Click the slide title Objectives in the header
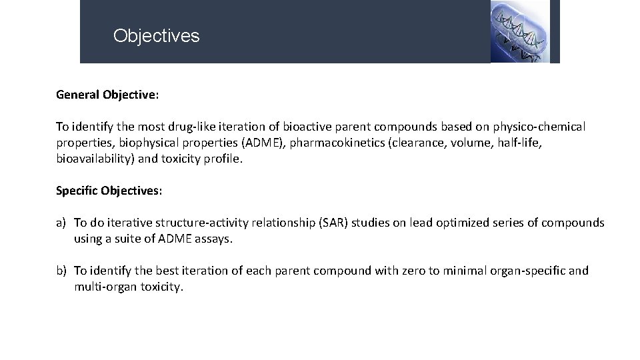point(156,35)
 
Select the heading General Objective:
point(107,95)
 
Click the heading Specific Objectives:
point(109,191)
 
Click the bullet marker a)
point(62,223)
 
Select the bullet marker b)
point(62,271)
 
